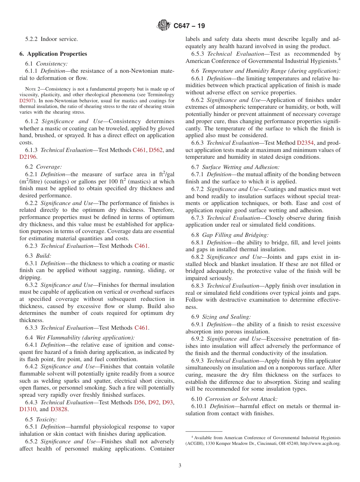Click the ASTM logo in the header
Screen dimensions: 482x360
click(x=164, y=26)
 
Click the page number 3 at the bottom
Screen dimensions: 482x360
click(x=180, y=465)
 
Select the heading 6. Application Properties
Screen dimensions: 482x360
click(x=53, y=54)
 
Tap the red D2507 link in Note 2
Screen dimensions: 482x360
click(x=27, y=101)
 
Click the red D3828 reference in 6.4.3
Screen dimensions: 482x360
click(x=59, y=409)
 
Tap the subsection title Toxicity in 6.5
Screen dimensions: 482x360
click(x=47, y=419)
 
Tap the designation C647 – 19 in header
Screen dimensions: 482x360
click(x=189, y=26)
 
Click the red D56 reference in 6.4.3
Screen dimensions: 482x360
click(x=139, y=402)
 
